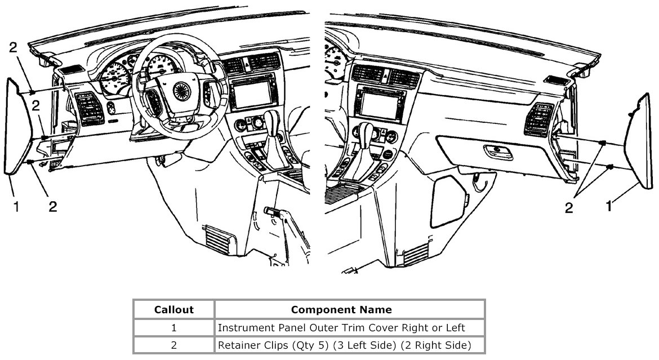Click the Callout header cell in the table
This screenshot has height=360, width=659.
(173, 309)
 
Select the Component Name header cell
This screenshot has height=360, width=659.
(349, 309)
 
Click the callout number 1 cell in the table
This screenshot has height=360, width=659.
(173, 327)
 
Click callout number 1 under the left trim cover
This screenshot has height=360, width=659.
(16, 207)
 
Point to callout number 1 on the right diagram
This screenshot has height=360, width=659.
(608, 206)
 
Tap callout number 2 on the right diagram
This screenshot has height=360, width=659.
(569, 208)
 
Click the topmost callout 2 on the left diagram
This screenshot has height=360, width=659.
(14, 48)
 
